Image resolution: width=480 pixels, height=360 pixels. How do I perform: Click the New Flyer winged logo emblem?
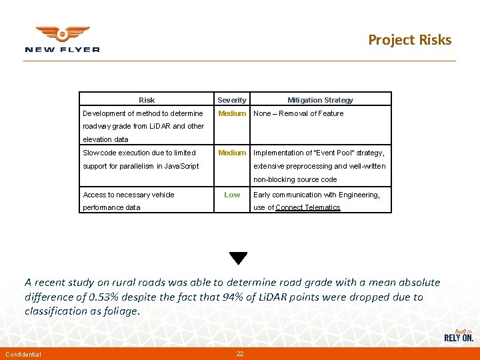tap(62, 33)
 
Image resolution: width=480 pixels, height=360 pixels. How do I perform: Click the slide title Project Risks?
tap(409, 40)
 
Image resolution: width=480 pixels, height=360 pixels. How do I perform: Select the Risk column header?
tap(147, 100)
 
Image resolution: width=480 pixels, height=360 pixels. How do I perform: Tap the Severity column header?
tap(232, 100)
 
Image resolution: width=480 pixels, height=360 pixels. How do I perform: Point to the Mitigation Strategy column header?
tap(320, 100)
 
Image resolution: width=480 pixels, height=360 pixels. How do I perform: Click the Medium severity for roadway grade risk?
tap(232, 113)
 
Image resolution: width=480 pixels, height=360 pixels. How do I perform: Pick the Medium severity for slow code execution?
tap(232, 153)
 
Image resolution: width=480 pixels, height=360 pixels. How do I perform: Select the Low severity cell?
tap(232, 195)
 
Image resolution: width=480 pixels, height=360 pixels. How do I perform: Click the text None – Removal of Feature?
tap(299, 113)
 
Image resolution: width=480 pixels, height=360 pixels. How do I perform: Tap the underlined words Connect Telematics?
tap(308, 207)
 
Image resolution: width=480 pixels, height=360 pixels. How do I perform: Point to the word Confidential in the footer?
tap(23, 354)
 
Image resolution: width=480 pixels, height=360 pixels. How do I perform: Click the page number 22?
tap(240, 353)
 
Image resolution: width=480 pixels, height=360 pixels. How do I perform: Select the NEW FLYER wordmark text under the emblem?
tap(62, 49)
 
